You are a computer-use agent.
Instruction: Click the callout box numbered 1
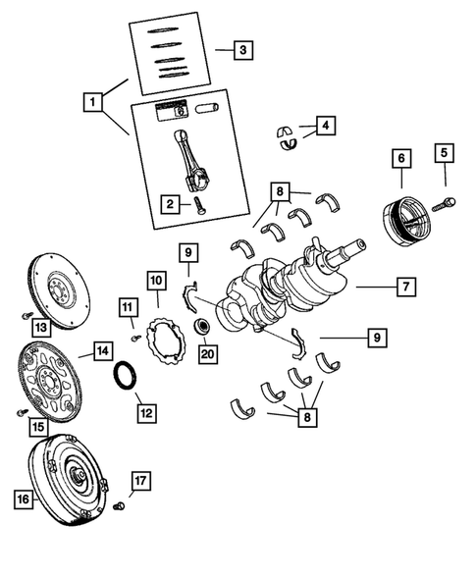click(91, 101)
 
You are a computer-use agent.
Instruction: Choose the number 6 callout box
click(401, 157)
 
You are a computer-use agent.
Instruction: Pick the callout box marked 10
click(156, 282)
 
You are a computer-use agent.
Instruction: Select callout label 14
click(101, 349)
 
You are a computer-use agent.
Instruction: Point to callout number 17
click(140, 481)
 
